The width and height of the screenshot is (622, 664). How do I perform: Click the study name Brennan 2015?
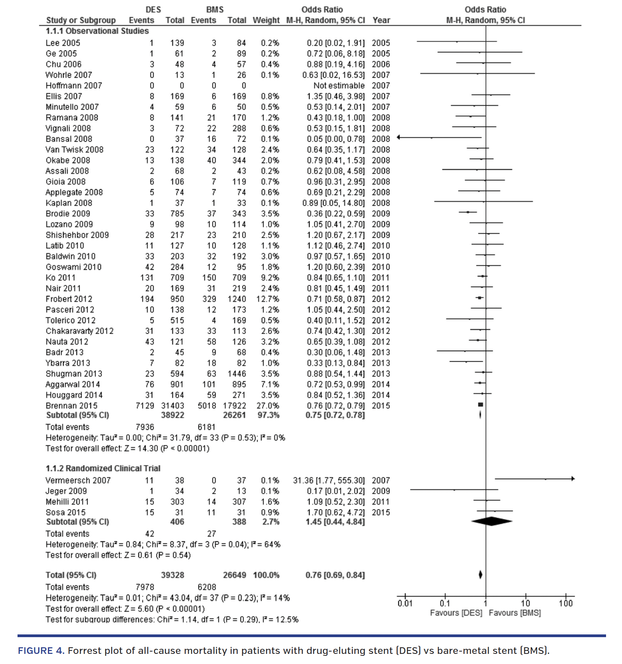coord(71,406)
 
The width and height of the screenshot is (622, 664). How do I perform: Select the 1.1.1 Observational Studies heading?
coord(97,31)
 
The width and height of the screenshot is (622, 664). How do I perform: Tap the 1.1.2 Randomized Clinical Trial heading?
coord(103,468)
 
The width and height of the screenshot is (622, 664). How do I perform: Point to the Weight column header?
coord(266,20)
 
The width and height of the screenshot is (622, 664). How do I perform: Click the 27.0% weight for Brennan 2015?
coord(267,406)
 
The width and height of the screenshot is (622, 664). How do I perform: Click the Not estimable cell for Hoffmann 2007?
coord(339,86)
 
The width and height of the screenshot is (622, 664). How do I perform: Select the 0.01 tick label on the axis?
coord(405,603)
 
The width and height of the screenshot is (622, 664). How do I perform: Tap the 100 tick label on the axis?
coord(566,603)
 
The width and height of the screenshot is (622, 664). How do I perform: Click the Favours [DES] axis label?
coord(456,613)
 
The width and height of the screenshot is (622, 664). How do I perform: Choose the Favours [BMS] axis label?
coord(515,613)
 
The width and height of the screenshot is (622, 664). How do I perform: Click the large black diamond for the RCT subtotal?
coord(492,521)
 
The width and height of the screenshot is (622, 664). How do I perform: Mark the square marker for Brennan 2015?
coord(481,405)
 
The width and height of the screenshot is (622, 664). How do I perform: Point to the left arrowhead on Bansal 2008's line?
coord(399,137)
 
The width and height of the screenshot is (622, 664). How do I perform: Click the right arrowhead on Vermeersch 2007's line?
coord(573,479)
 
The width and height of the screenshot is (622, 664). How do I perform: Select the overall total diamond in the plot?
coord(480,574)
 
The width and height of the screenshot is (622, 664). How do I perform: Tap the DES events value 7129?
coord(145,406)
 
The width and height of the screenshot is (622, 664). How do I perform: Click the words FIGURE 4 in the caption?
coord(41,651)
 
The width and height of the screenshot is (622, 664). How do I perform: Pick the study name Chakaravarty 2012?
coord(79,331)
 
